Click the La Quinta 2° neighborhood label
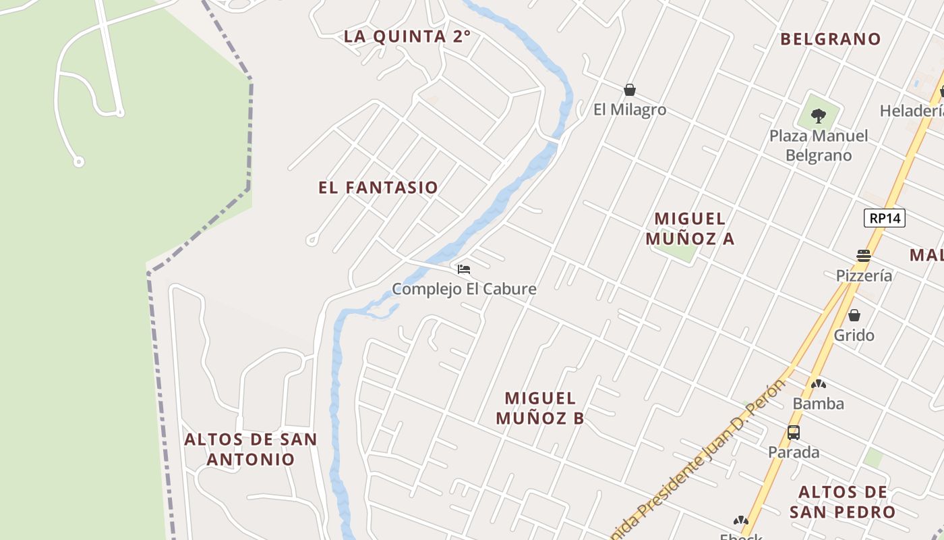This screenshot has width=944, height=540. click(x=407, y=36)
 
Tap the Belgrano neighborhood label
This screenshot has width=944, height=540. click(x=831, y=39)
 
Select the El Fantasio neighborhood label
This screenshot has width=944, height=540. click(x=378, y=188)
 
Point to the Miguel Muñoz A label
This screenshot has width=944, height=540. click(x=690, y=228)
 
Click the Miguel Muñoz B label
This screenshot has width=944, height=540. click(x=540, y=408)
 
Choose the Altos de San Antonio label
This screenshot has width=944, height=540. click(x=250, y=449)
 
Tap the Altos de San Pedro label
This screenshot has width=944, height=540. click(x=842, y=502)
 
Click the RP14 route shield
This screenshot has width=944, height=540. click(x=884, y=218)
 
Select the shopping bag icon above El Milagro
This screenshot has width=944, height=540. click(x=630, y=90)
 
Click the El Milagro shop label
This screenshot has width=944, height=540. click(x=630, y=109)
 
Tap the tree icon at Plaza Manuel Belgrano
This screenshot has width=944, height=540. click(x=819, y=116)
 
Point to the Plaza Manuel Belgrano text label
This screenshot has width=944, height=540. click(x=819, y=145)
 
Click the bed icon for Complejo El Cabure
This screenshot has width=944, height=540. click(x=464, y=269)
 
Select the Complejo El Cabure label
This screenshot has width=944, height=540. click(x=464, y=289)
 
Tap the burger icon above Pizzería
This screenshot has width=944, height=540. click(x=864, y=256)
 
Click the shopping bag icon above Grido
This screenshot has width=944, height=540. click(x=854, y=315)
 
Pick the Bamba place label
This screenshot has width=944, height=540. click(x=818, y=404)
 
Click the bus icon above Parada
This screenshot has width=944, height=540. click(x=794, y=433)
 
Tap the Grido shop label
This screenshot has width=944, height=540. click(x=854, y=335)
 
